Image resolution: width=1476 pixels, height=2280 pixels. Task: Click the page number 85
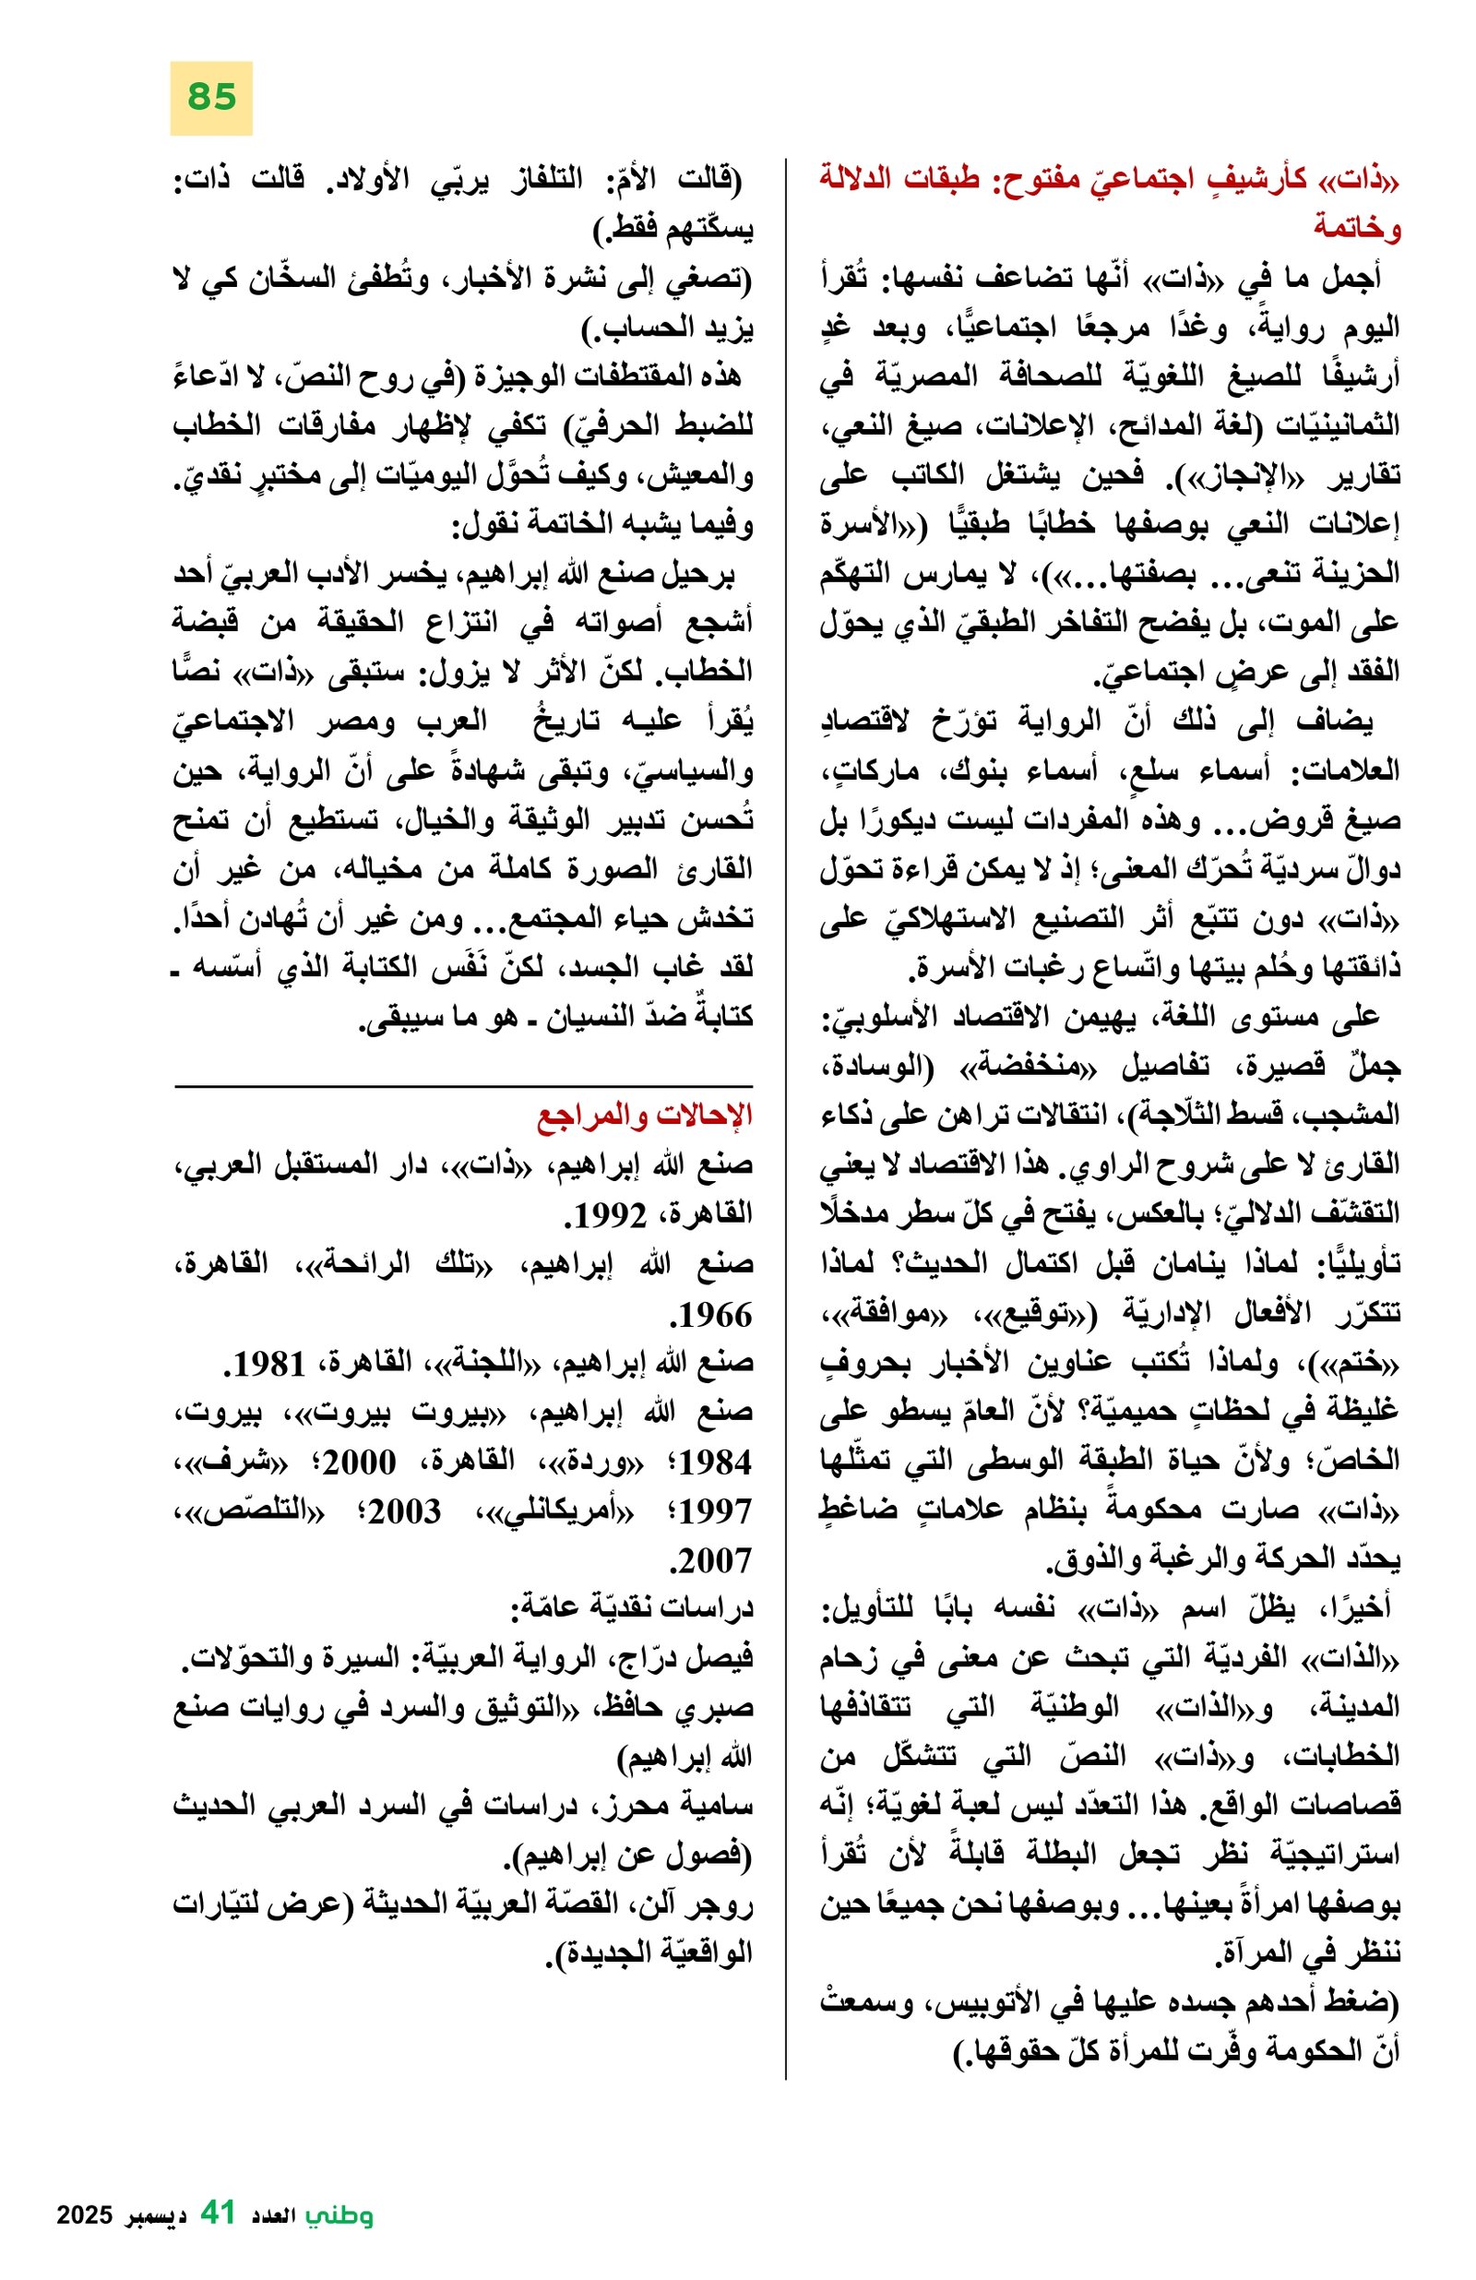click(x=211, y=98)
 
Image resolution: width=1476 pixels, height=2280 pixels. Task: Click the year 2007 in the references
click(x=709, y=1562)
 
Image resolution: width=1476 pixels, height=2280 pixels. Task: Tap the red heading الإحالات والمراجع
click(x=645, y=1117)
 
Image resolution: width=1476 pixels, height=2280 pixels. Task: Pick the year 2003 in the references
click(x=404, y=1512)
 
